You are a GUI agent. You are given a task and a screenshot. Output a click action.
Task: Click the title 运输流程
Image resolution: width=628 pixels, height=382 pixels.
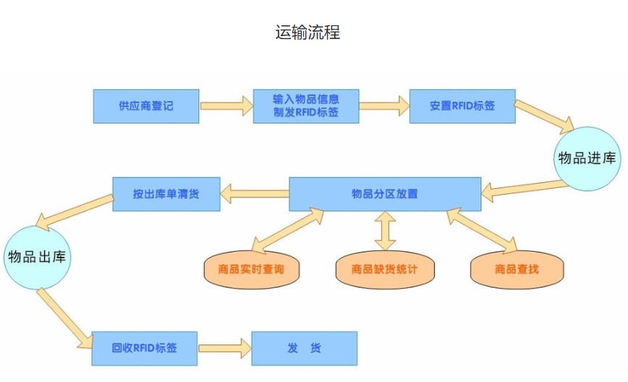[307, 33]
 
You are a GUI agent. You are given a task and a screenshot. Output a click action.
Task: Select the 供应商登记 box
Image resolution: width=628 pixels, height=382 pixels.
[146, 106]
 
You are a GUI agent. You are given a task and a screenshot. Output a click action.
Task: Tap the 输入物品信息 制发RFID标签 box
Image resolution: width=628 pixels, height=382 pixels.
[306, 106]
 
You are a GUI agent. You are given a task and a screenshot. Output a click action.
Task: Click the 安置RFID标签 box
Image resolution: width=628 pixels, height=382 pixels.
[462, 106]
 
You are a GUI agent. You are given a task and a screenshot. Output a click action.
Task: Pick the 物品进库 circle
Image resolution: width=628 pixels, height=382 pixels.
[587, 158]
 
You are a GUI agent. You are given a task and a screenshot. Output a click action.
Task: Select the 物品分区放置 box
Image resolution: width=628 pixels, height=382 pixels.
[385, 194]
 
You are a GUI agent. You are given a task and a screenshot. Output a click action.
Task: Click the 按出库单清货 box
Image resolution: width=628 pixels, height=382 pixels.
[166, 194]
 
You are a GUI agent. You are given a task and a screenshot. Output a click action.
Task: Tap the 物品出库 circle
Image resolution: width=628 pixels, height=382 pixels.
[38, 257]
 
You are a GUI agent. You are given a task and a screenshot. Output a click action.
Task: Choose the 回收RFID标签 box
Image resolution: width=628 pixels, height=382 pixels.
[145, 348]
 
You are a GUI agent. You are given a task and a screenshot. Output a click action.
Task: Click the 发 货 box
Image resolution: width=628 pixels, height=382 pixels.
[304, 348]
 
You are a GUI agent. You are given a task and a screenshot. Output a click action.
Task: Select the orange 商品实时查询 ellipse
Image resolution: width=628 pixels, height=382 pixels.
[251, 269]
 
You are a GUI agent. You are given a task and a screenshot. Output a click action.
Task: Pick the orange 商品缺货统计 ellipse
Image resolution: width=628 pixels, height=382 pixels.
[384, 269]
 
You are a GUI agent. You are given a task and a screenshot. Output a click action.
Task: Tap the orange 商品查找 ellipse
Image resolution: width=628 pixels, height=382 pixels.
[517, 269]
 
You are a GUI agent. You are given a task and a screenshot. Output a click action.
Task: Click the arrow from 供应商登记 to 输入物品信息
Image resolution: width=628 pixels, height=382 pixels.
[226, 106]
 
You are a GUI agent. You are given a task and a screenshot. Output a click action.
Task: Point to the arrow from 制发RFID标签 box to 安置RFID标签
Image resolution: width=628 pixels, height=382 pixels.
[383, 106]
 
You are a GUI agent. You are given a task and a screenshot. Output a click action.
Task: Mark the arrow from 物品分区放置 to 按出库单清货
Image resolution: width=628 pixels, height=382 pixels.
[255, 193]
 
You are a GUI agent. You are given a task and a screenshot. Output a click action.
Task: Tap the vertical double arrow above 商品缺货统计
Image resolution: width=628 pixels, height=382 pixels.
[385, 232]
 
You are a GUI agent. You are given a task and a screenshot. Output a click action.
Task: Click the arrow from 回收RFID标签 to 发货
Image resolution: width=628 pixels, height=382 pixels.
[224, 348]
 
